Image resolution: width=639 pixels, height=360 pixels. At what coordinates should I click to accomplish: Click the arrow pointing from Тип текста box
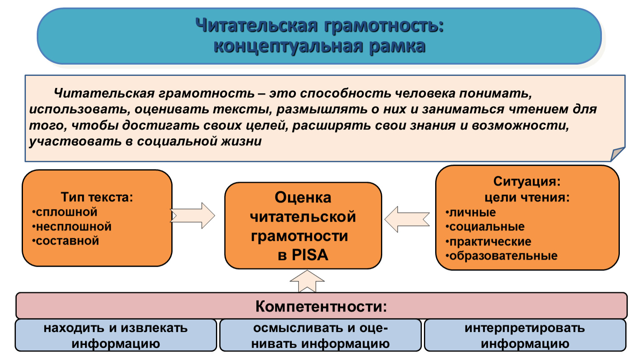point(193,216)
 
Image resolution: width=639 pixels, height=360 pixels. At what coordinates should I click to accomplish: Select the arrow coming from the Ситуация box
point(407,219)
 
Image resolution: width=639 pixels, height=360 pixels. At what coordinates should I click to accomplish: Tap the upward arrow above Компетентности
point(307,282)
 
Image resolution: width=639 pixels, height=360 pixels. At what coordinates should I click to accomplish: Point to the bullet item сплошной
point(65,212)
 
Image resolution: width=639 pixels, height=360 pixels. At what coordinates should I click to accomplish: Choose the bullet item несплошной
point(72,227)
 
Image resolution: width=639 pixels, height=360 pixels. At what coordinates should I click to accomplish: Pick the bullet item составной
point(65,241)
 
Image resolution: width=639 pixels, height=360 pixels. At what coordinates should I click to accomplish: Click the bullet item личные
point(471,212)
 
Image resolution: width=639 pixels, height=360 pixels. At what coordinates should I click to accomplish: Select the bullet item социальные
point(485,227)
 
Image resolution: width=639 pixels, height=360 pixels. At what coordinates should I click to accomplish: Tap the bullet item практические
point(489,242)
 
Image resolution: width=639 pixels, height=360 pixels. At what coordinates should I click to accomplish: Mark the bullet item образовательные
point(501,256)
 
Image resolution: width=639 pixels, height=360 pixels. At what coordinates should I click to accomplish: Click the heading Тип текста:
point(97,197)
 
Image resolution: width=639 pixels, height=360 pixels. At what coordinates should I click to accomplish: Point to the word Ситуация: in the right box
point(527,181)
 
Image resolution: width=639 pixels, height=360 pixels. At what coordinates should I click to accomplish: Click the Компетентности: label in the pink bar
point(321,306)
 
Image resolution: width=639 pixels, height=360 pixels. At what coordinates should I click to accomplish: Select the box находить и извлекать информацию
point(116,335)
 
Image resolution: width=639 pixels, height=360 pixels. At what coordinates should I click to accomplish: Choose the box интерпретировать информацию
point(525,335)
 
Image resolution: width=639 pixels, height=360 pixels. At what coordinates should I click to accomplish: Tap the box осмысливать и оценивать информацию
point(321,335)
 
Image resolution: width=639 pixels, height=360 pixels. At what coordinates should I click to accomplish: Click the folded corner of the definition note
point(618,154)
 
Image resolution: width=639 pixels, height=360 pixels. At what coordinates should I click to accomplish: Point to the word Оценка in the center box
point(303,197)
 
